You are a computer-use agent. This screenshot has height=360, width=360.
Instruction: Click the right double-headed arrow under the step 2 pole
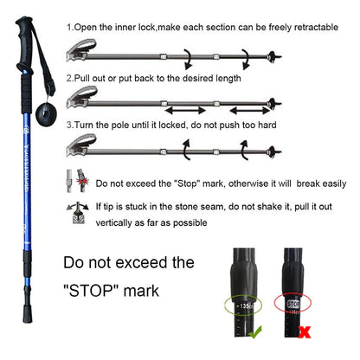[257, 111]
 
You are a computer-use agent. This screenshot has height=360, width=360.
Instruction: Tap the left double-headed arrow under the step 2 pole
[192, 111]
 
